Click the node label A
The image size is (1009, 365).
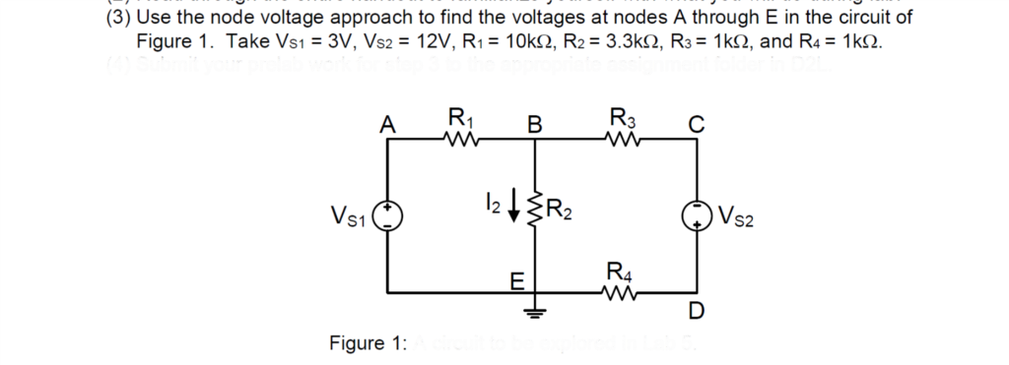tap(388, 124)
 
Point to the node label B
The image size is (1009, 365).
tap(533, 124)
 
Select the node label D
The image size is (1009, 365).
tap(697, 314)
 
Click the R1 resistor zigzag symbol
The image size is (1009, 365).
tap(458, 139)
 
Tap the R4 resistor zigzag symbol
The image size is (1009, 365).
tap(620, 291)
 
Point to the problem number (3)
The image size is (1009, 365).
tap(118, 18)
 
